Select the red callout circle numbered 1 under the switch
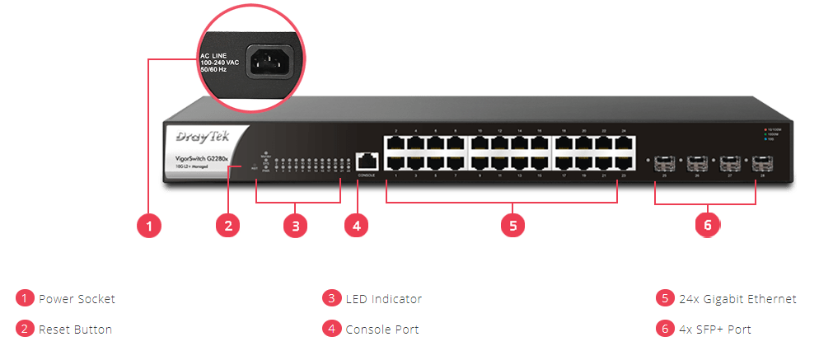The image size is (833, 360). point(148,225)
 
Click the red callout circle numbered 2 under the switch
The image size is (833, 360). point(228,225)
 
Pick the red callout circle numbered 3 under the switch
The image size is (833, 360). point(295,225)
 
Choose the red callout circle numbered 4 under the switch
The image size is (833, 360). point(355,225)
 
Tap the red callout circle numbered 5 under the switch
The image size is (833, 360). point(512,225)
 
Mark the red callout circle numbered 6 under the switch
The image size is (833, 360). point(706,224)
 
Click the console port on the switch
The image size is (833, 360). point(367,162)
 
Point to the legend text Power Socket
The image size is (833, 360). point(77,299)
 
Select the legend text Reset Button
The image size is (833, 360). point(75,330)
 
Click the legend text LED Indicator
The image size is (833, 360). point(383,299)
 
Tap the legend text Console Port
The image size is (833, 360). point(382,330)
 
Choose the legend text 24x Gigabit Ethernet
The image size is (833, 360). point(737,299)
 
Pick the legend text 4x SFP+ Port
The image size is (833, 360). point(714,330)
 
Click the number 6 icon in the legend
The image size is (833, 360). point(664,329)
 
